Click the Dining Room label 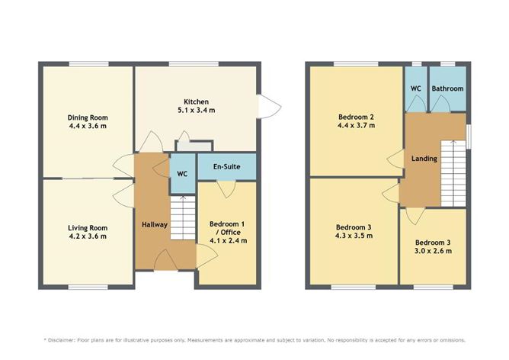[88, 117]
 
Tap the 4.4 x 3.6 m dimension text [88, 127]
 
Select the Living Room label [88, 227]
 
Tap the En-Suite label [226, 166]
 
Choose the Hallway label [154, 224]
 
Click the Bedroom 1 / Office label [228, 228]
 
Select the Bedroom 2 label [357, 117]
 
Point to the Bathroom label [447, 88]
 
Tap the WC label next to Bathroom [416, 88]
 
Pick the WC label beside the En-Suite [181, 173]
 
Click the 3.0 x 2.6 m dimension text [432, 251]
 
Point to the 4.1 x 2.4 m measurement [228, 241]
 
